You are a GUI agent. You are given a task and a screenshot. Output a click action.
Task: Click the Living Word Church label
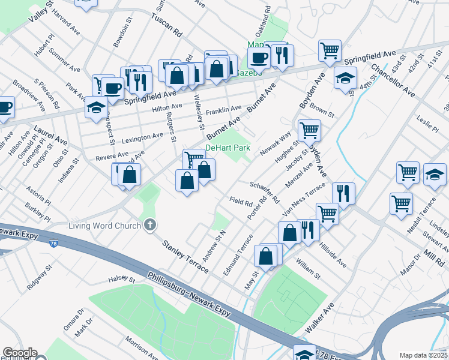tap(105, 226)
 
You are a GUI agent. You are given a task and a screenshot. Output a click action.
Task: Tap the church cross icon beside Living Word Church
tap(150, 226)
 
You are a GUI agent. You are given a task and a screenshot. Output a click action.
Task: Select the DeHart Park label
tap(228, 148)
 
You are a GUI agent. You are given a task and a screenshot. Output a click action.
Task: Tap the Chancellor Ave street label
tap(393, 80)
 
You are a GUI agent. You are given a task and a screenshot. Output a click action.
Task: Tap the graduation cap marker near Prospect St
tap(96, 108)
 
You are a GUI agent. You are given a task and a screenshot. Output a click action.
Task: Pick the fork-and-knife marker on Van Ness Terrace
tap(343, 193)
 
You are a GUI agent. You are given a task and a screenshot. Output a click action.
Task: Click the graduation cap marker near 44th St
tap(346, 77)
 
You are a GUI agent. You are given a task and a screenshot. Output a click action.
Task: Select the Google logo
tap(19, 353)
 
